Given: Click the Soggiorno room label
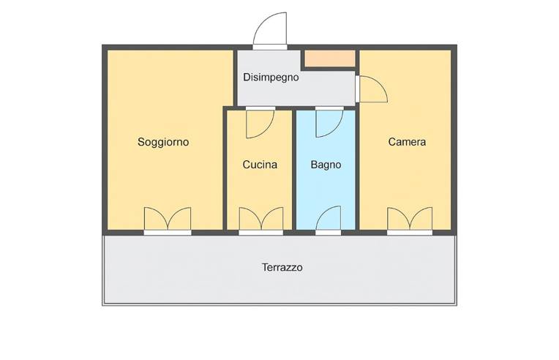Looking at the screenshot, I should (x=163, y=142).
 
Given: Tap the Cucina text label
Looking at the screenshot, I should (x=260, y=165).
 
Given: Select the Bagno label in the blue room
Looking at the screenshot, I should (x=326, y=165).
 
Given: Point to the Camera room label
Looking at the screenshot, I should (x=407, y=142).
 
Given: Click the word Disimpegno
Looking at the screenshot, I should (x=271, y=78).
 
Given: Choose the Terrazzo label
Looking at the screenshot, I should (x=282, y=268).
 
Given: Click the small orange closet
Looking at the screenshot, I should (x=329, y=59).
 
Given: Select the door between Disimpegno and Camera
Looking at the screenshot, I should (x=371, y=89).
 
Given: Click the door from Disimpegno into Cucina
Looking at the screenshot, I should (x=260, y=123).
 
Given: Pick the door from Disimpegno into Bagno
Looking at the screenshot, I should (x=329, y=122).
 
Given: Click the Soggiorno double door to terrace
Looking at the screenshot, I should (x=168, y=220).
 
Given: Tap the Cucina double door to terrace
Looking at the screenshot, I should (x=261, y=220).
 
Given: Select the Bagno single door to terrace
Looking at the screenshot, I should (x=329, y=219).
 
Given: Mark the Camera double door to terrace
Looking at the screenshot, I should (x=410, y=220).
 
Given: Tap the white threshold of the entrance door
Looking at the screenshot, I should (x=270, y=47).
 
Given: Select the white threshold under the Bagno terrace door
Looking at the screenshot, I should (x=329, y=233).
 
